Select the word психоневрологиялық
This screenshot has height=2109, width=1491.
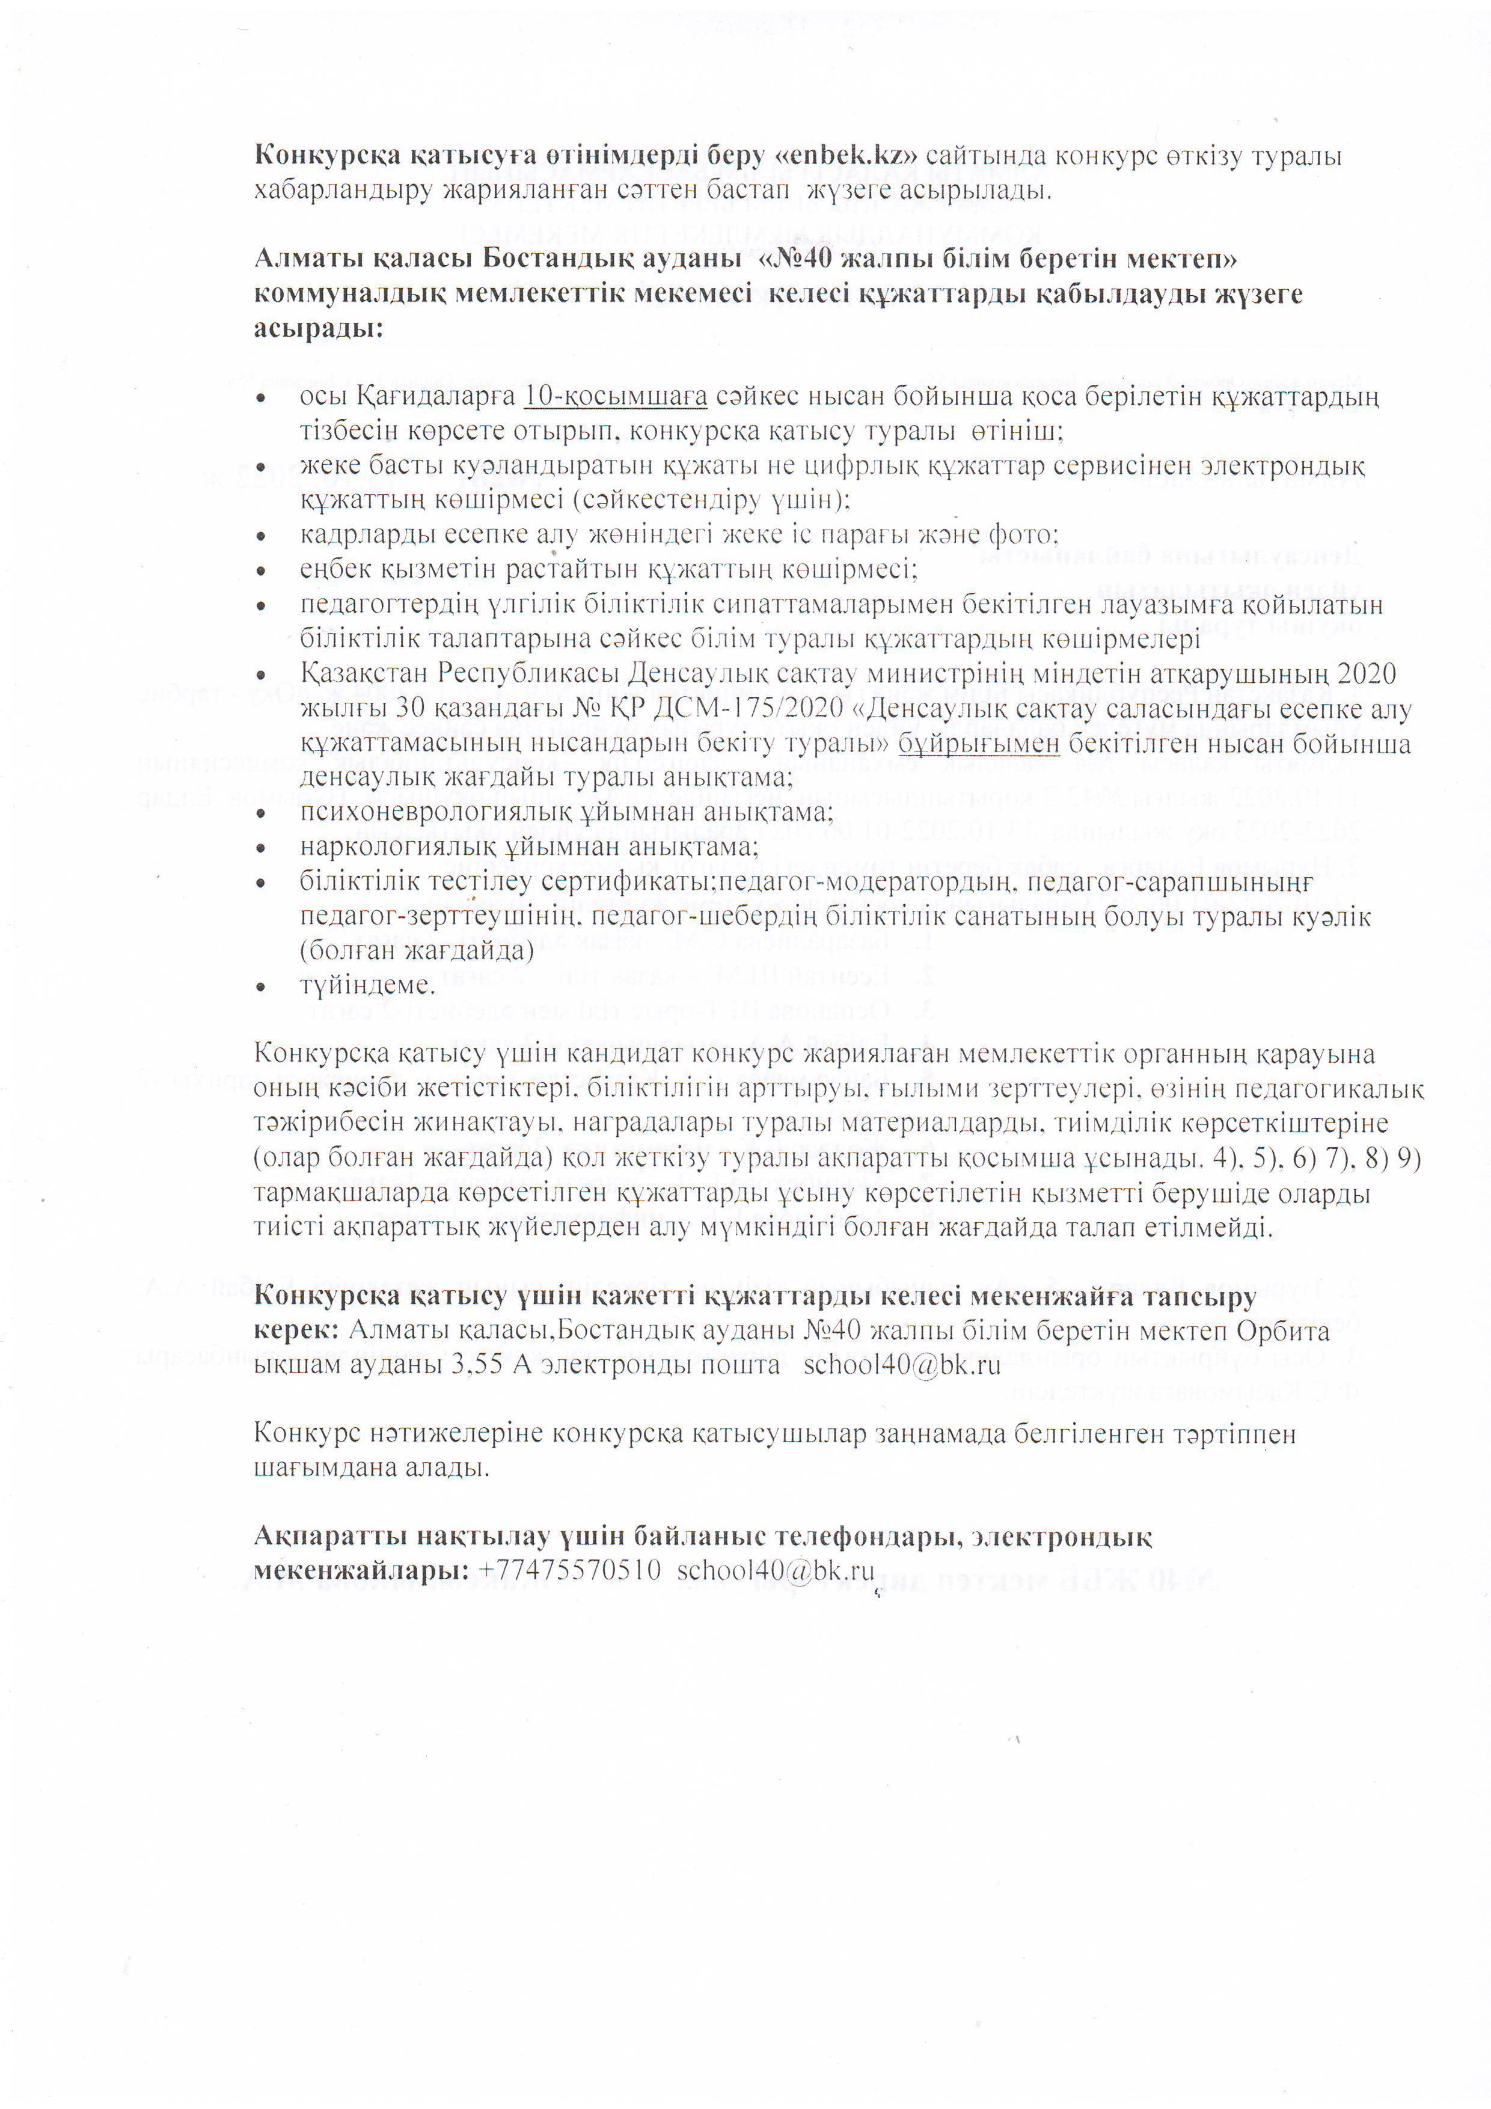437,812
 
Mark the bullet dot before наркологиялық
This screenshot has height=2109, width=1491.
262,848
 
